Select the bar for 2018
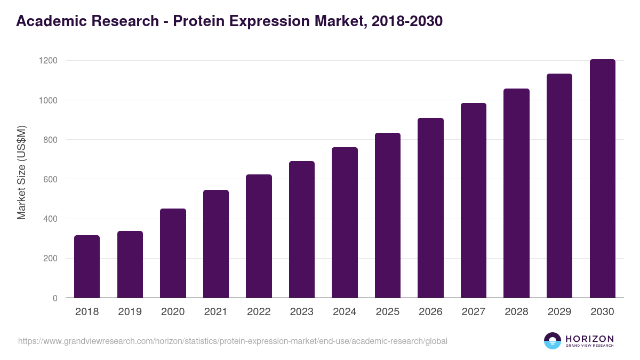point(87,267)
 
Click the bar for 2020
point(173,253)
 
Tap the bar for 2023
point(302,229)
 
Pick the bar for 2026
point(430,208)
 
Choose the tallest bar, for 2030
point(602,179)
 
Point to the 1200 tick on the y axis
point(47,61)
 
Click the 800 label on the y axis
point(50,140)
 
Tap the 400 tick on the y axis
point(50,219)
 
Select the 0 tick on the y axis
point(55,298)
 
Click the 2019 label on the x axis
point(130,312)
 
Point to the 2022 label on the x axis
point(259,312)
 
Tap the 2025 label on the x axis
point(388,312)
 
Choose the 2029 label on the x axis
point(559,312)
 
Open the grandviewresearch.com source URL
point(233,341)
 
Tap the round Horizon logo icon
point(553,341)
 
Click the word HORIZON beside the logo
point(589,338)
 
